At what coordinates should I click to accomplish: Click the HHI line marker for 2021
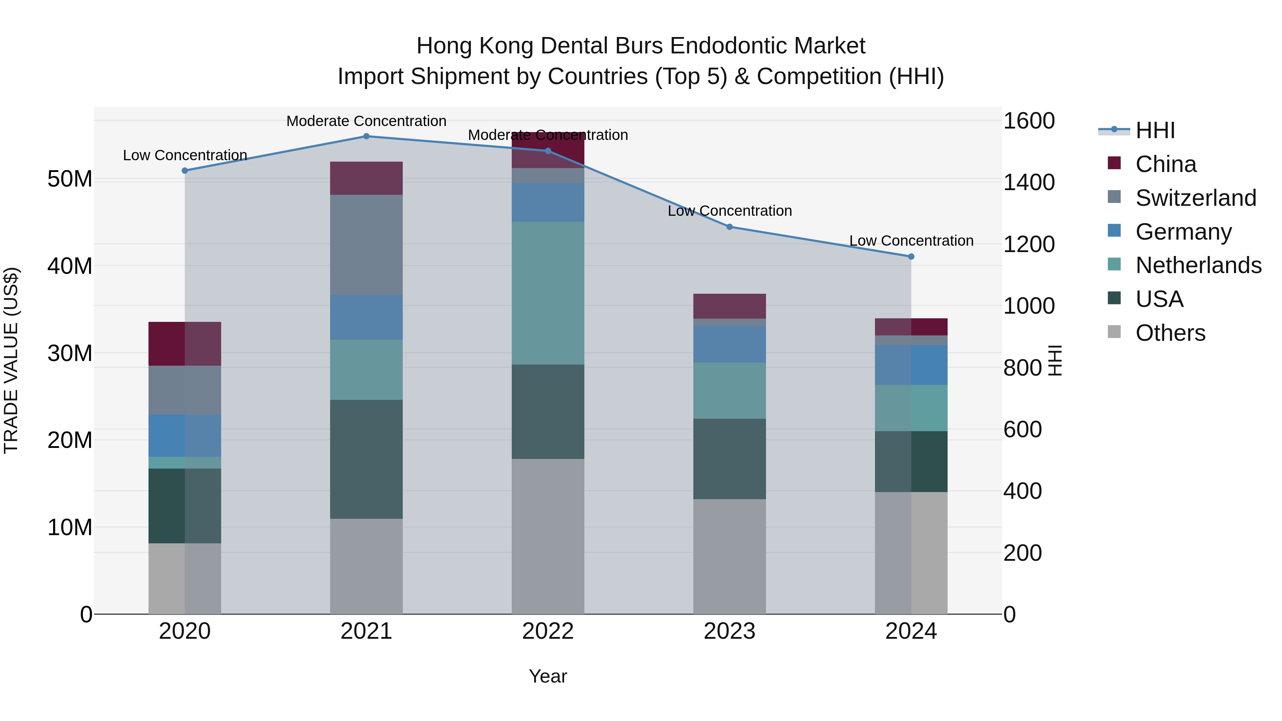366,136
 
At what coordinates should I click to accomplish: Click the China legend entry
1165,164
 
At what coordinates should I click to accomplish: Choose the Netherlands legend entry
1198,265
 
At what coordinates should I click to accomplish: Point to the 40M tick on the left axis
70,266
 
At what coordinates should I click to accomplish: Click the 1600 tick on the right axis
1028,121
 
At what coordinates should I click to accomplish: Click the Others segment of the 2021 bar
366,566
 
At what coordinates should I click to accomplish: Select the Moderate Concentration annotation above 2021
366,121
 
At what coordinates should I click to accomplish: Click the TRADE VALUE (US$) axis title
11,360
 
